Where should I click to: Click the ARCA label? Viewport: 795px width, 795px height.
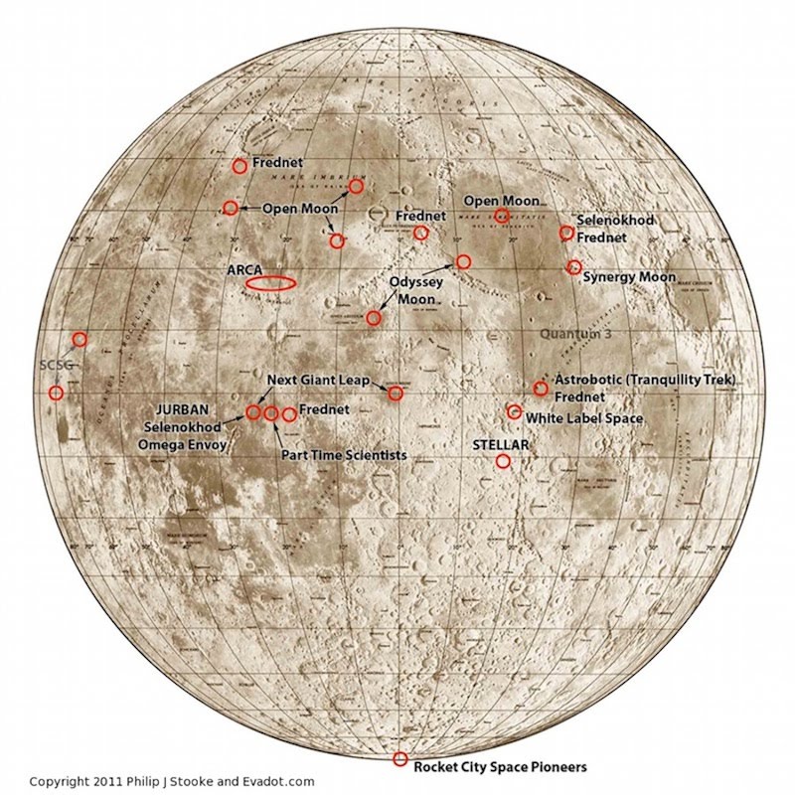(243, 268)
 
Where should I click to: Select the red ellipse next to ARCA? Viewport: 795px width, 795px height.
(269, 284)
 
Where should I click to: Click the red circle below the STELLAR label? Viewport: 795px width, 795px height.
(503, 461)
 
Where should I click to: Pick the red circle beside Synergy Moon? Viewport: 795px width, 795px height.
(573, 267)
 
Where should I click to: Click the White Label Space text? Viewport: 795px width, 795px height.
(583, 419)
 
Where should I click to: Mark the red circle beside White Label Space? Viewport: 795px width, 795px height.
(514, 411)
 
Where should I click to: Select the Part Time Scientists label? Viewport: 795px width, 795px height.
(341, 454)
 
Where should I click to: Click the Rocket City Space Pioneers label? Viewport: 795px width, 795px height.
(500, 766)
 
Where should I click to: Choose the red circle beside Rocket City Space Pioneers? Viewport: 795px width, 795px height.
(400, 759)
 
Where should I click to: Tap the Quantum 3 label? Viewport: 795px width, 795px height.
(577, 335)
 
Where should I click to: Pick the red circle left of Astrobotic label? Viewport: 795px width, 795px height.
(541, 389)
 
